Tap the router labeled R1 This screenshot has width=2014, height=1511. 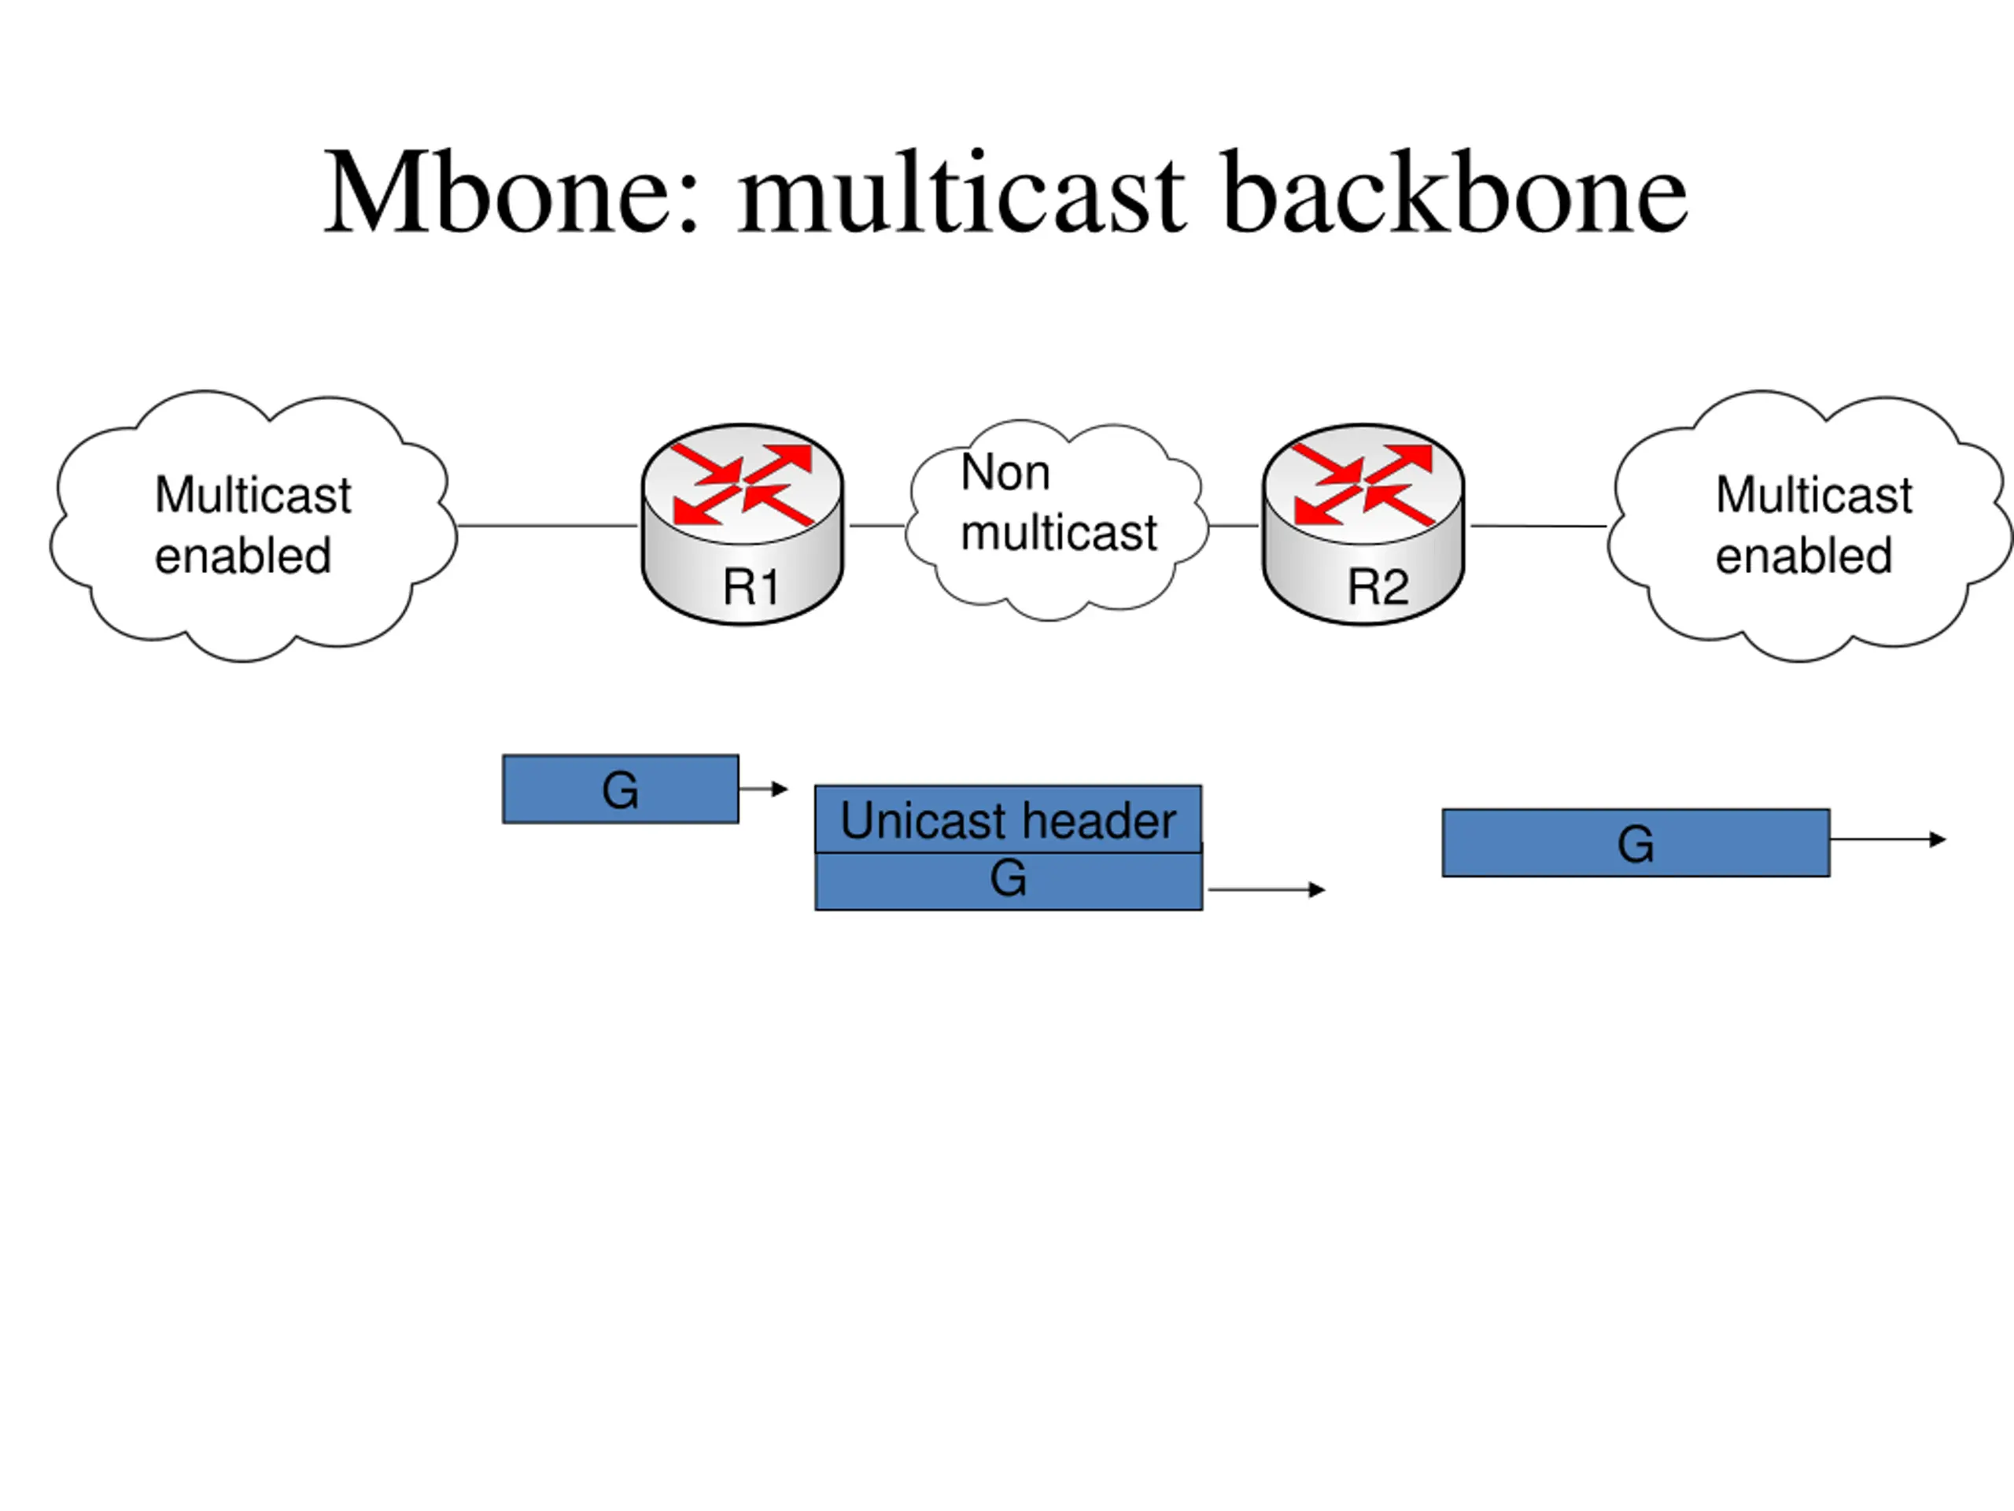tap(742, 525)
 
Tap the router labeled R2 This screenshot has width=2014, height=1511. tap(1363, 525)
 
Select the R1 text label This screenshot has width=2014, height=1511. tap(751, 586)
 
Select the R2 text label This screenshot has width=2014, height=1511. tap(1378, 586)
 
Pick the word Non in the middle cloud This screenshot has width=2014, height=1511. tap(1005, 473)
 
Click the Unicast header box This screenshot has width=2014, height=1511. tap(1008, 818)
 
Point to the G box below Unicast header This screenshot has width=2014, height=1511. tap(1009, 881)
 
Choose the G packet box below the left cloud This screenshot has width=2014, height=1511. tap(621, 789)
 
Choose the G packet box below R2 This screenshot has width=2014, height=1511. tap(1636, 843)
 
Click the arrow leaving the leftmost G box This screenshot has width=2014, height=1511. tap(763, 789)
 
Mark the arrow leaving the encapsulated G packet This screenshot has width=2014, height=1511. tap(1267, 889)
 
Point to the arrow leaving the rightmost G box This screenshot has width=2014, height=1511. tap(1888, 840)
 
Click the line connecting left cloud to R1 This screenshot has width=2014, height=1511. tap(548, 526)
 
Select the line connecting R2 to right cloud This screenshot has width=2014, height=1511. tap(1539, 526)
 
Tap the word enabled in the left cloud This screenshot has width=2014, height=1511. tap(243, 556)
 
